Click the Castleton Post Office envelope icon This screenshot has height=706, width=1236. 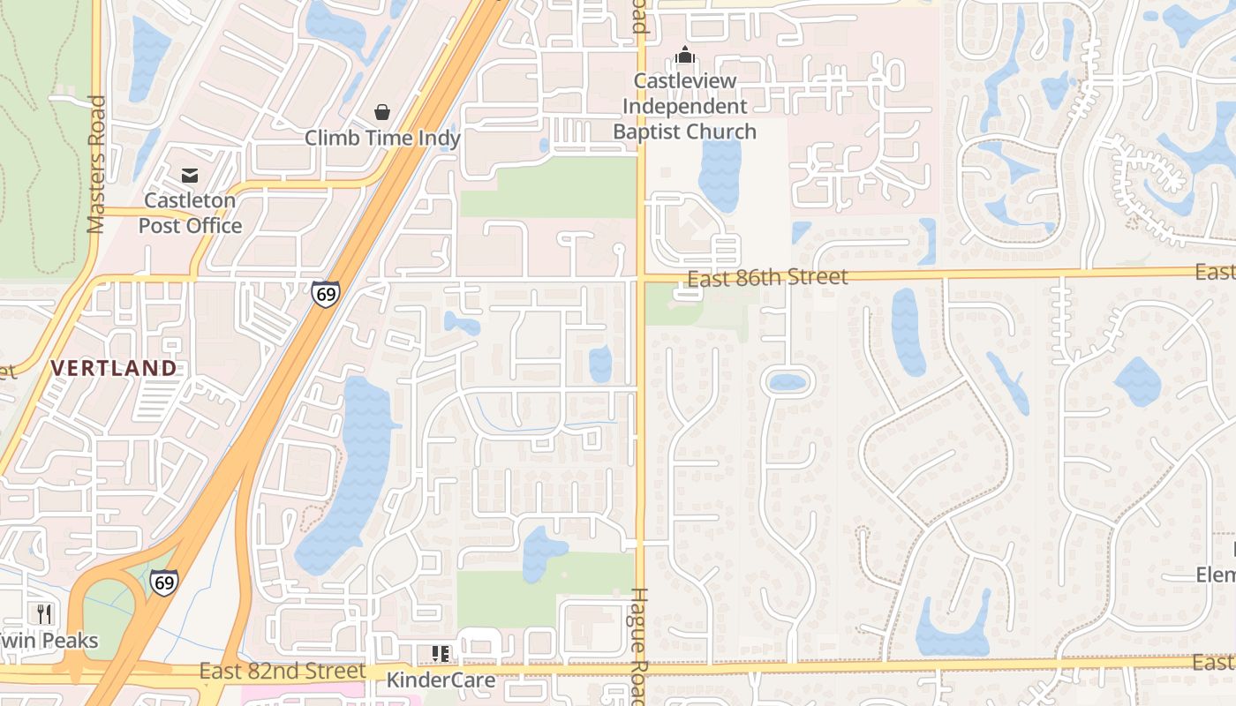[x=190, y=175]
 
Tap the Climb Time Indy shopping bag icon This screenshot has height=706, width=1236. [x=382, y=112]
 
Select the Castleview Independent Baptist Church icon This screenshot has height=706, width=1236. [x=685, y=56]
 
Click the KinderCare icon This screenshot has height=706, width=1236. [x=441, y=654]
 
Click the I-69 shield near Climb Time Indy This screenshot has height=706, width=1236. [x=325, y=293]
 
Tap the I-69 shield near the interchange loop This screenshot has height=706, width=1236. [x=163, y=582]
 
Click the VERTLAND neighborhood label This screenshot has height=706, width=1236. [x=114, y=368]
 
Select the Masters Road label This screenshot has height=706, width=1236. [x=97, y=164]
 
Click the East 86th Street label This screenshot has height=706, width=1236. [x=767, y=278]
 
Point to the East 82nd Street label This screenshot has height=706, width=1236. [x=282, y=672]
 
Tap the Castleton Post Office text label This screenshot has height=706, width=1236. [x=190, y=213]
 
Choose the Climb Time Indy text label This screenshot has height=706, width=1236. [x=382, y=139]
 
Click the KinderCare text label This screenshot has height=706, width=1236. [x=441, y=680]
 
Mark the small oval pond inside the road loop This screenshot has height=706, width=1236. [x=787, y=383]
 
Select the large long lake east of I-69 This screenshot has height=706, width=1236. [x=349, y=477]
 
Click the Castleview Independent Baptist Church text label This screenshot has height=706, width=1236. [x=685, y=107]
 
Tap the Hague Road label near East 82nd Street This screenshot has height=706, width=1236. [x=641, y=644]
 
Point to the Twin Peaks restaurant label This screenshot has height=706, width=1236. [x=49, y=641]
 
